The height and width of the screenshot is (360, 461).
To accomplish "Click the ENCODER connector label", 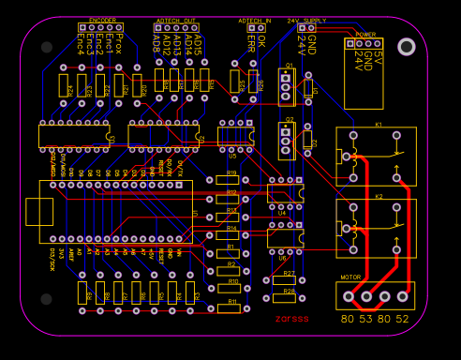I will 102,20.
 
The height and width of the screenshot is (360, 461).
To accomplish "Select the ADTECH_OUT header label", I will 176,20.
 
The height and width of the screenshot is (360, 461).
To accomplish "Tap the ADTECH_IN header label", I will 255,20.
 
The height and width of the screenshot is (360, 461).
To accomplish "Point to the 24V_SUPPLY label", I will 306,20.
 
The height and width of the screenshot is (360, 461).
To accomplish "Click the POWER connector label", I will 365,34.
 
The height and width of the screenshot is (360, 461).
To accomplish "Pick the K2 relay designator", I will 379,196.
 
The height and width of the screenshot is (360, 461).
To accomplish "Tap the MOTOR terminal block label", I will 350,277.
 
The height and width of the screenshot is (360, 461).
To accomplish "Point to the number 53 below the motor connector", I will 365,319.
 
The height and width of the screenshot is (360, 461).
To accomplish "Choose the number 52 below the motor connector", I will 402,319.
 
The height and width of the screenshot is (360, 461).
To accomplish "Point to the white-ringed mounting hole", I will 406,47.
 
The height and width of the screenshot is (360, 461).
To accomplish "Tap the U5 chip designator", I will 232,156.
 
